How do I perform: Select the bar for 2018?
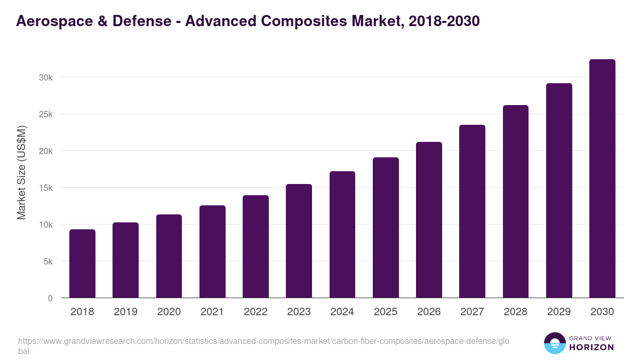[82, 263]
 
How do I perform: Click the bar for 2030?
[602, 179]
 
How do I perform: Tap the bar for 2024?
[342, 235]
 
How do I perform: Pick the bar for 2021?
[212, 252]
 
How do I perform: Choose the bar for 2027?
[472, 211]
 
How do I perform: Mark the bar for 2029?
[559, 190]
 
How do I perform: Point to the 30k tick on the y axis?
[46, 77]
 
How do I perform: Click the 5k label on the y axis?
[47, 261]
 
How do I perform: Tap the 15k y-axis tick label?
[46, 188]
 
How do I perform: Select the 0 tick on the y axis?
[50, 298]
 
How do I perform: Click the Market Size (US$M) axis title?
[21, 173]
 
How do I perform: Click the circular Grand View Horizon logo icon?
[555, 343]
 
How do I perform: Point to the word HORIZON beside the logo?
[591, 347]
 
